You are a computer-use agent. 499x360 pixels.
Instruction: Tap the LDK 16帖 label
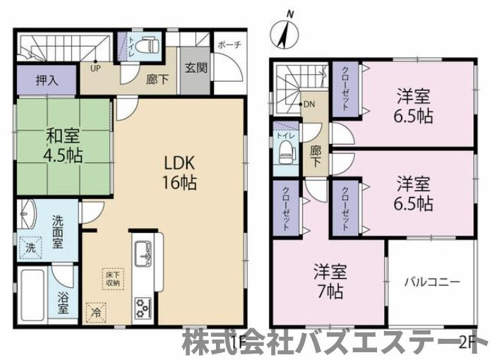click(176, 171)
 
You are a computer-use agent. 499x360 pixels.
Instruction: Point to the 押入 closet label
click(47, 80)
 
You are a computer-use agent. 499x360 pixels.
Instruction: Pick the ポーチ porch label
click(229, 44)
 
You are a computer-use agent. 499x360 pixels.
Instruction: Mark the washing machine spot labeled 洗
click(31, 248)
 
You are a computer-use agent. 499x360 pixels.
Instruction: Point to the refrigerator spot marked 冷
click(95, 308)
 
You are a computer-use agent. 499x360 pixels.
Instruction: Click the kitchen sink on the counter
click(140, 251)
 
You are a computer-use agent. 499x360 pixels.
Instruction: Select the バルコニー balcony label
click(432, 282)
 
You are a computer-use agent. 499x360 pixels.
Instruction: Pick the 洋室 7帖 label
click(328, 281)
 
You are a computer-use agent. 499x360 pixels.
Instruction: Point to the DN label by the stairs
click(308, 104)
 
